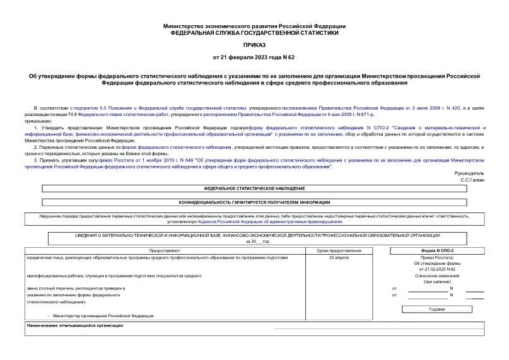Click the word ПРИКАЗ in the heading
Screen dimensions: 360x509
tap(254, 46)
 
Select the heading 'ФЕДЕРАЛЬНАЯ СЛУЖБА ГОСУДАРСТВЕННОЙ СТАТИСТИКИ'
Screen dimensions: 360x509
tap(254, 33)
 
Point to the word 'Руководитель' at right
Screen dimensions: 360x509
tap(469, 173)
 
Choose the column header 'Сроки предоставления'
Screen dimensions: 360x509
tap(339, 251)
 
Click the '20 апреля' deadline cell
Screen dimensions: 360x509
tap(339, 258)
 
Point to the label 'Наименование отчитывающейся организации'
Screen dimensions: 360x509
tap(75, 325)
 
